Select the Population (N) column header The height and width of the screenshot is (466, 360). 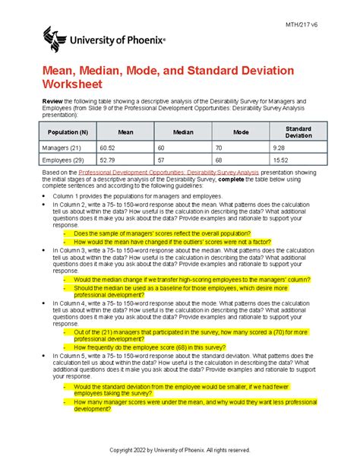[x=67, y=131]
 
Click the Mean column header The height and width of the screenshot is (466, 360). [x=126, y=131]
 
